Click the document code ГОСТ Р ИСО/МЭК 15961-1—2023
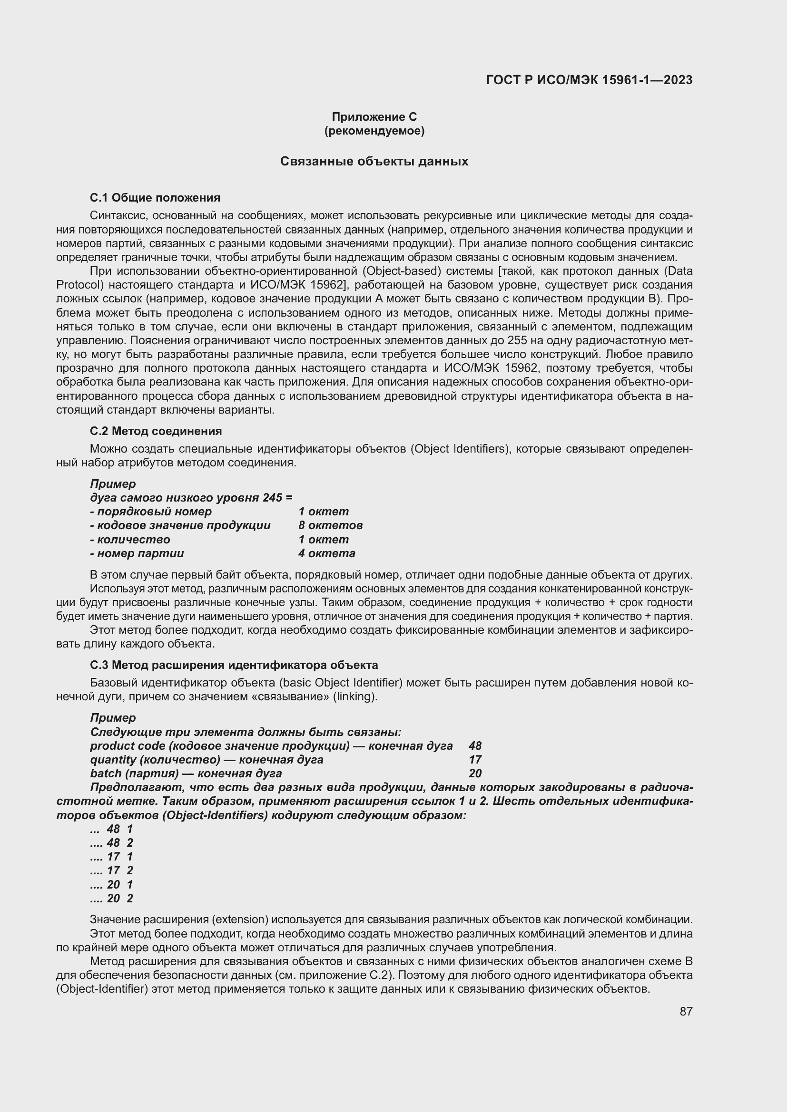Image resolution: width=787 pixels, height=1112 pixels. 589,80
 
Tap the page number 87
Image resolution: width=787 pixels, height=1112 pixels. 686,1011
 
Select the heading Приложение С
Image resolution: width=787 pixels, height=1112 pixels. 374,117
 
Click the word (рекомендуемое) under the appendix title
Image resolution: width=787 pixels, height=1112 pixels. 374,131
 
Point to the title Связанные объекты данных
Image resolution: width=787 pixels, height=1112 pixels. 374,161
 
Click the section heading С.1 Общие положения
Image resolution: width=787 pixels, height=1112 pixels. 155,198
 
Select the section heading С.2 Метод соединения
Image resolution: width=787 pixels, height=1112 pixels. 156,431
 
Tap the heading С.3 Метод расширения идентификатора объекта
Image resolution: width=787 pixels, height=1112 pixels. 234,665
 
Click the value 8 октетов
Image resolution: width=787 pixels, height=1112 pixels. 331,525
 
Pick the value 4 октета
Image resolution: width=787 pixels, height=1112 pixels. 326,553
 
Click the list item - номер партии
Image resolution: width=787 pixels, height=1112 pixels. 137,553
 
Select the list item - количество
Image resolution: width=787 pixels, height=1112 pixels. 130,540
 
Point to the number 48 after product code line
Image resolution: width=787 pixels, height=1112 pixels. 475,746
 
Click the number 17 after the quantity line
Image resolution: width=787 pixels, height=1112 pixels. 475,759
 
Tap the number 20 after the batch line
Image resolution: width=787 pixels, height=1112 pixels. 475,774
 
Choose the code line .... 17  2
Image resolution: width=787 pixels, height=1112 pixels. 112,870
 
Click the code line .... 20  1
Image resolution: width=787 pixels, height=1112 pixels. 112,884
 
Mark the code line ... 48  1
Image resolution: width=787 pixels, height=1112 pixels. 112,829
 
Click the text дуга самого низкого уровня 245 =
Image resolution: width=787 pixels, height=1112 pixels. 191,498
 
